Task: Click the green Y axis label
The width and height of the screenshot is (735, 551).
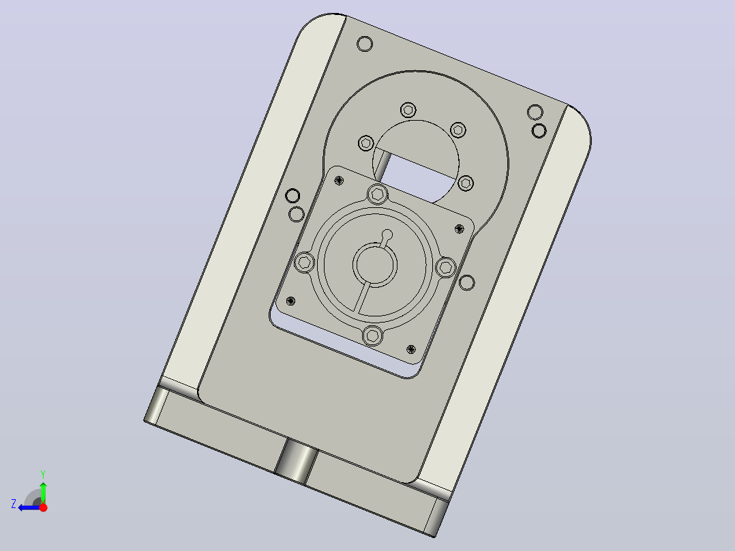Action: click(x=43, y=474)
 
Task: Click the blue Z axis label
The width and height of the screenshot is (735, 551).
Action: click(x=14, y=504)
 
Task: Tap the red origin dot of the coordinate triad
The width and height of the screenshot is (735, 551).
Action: click(x=43, y=507)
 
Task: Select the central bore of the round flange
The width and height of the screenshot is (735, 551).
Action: click(x=375, y=265)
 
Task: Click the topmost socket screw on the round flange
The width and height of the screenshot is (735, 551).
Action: click(x=377, y=194)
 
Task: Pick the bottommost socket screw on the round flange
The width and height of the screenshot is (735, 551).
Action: click(x=373, y=336)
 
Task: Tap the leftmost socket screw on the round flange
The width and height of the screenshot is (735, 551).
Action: click(x=305, y=262)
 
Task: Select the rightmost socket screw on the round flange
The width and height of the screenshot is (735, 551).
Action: click(x=445, y=267)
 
